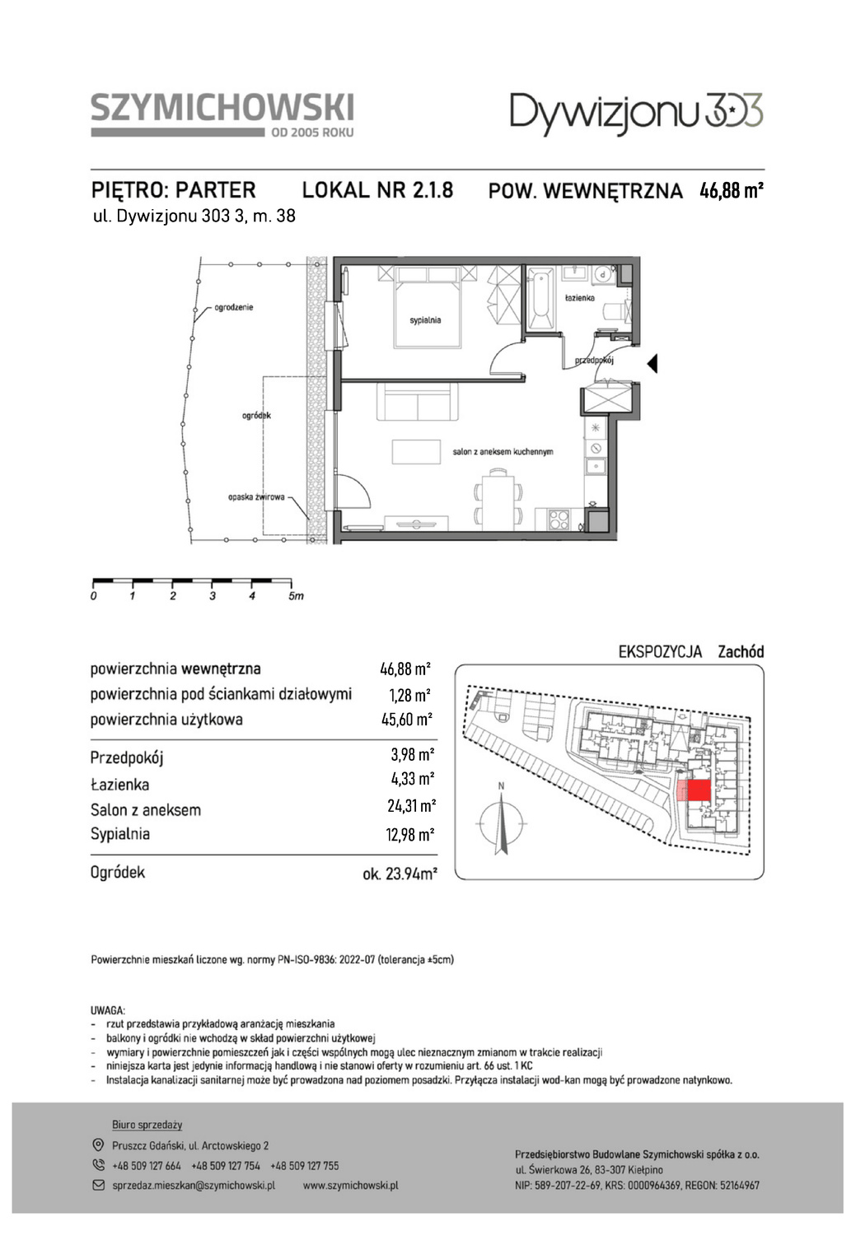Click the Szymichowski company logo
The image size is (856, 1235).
pos(222,114)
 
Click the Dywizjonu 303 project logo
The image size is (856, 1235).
pos(637,114)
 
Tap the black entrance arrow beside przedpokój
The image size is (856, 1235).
pos(652,364)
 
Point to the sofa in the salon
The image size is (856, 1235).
pos(418,402)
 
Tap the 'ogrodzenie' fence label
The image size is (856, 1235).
pos(234,307)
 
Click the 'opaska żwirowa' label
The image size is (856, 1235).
pos(256,497)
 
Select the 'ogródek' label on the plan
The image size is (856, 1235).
pos(256,415)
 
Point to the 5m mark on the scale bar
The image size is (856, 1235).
pos(296,596)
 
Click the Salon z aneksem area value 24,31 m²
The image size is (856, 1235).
pos(411,806)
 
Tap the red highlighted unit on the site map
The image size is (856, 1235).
pos(699,791)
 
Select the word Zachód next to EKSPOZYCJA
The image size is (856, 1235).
pos(741,652)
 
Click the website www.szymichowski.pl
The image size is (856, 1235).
pos(350,1185)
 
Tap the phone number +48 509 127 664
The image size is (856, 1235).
pos(146,1166)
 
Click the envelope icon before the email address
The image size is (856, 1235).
pos(98,1185)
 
